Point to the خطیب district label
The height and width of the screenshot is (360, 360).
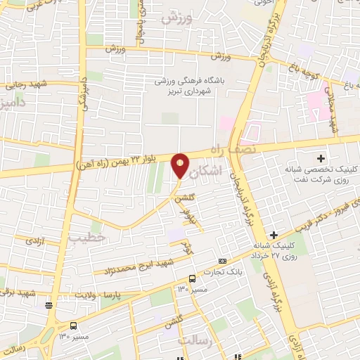(x=87, y=238)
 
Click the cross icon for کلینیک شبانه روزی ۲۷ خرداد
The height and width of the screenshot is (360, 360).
(x=274, y=234)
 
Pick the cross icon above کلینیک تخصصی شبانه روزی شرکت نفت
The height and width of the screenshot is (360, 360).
(x=322, y=158)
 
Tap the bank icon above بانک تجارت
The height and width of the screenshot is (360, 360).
(x=222, y=261)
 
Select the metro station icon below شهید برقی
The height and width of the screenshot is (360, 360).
(x=49, y=304)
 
